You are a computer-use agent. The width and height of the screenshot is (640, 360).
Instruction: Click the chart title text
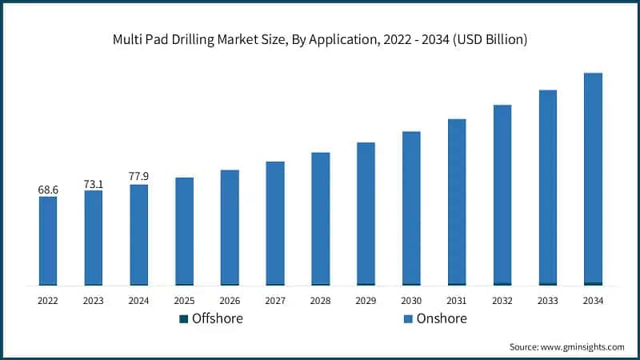[x=320, y=39]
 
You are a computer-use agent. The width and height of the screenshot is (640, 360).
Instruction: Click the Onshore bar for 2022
[x=48, y=240]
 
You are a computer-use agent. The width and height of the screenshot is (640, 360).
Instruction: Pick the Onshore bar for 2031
[x=457, y=201]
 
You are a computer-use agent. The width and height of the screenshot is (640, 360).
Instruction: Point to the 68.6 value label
[x=48, y=190]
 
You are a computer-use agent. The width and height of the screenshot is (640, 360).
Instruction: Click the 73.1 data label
[x=93, y=184]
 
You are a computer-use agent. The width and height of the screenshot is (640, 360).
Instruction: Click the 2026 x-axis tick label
[x=230, y=301]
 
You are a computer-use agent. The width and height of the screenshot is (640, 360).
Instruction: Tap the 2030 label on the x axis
[x=411, y=301]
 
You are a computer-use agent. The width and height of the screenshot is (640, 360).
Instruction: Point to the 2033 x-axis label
[x=547, y=301]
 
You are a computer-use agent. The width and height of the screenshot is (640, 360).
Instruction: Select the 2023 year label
[x=93, y=301]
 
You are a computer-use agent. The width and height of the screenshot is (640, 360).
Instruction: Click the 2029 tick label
[x=366, y=301]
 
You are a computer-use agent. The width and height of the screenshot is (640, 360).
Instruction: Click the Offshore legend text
[x=217, y=318]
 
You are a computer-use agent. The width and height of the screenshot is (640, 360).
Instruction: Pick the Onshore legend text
[x=441, y=318]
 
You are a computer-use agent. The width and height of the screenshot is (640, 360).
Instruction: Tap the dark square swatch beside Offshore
[x=184, y=319]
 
